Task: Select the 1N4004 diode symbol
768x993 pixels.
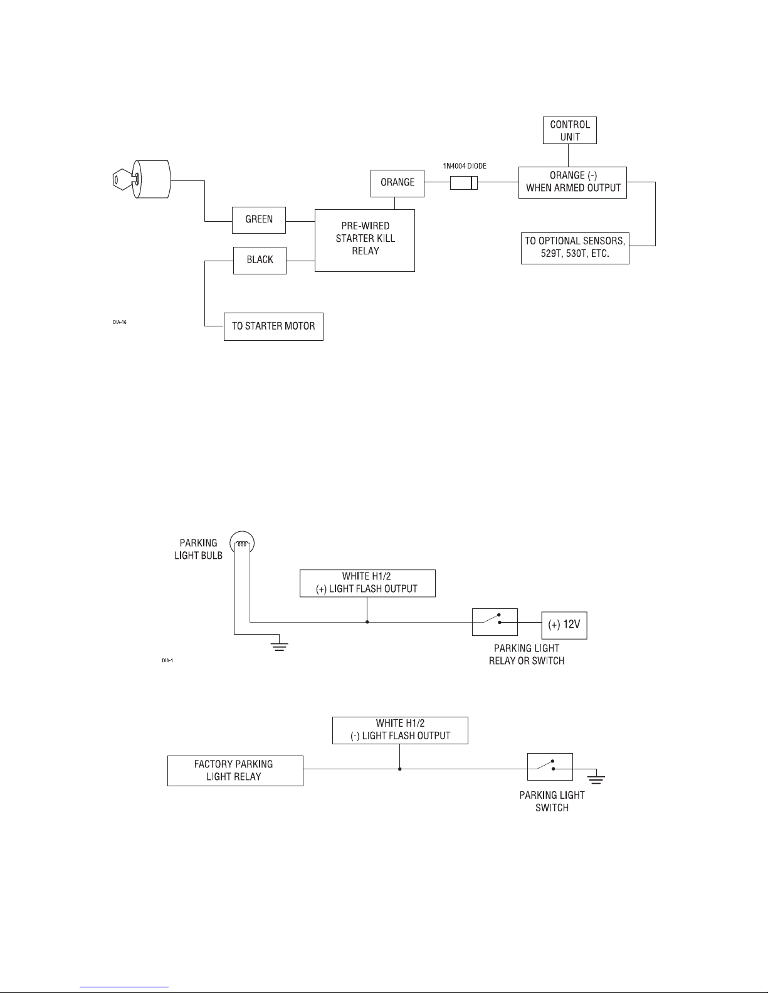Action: pyautogui.click(x=463, y=183)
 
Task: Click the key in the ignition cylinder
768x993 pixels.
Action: pyautogui.click(x=124, y=179)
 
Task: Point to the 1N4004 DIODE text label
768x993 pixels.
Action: pyautogui.click(x=465, y=166)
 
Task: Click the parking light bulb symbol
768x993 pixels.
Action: pyautogui.click(x=242, y=543)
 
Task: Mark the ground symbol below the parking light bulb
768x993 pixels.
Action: pyautogui.click(x=280, y=645)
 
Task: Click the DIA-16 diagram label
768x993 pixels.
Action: pyautogui.click(x=120, y=322)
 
